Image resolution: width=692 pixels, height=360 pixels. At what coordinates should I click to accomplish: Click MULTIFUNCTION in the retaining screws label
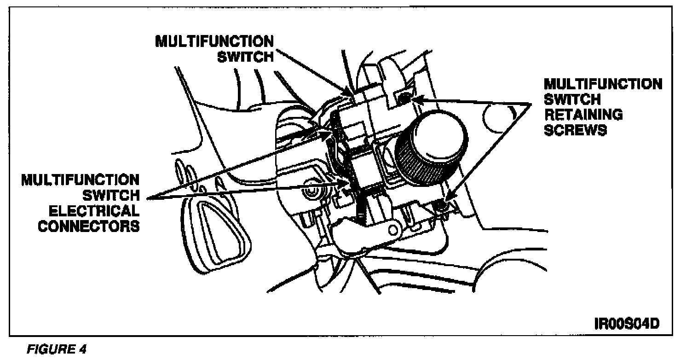tap(603, 84)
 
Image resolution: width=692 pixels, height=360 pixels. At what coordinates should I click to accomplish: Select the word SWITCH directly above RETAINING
tap(572, 99)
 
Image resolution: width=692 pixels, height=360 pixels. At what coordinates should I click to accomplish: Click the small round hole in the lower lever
tap(394, 228)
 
